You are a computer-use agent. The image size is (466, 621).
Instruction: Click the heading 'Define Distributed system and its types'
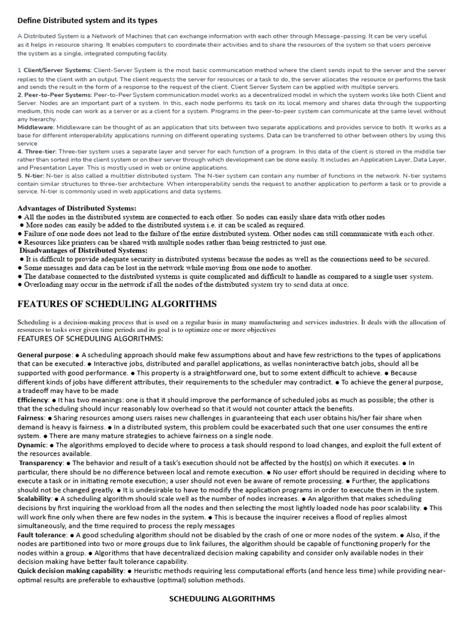tap(87, 21)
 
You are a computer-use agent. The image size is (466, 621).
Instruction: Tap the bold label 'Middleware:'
tap(36, 127)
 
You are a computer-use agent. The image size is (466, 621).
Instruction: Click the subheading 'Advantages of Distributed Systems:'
tap(77, 209)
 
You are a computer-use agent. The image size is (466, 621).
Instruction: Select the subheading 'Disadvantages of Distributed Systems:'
tap(83, 250)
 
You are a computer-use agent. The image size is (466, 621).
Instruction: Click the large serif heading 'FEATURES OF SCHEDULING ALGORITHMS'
tap(117, 304)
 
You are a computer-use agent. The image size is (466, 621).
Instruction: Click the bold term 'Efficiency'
tap(33, 401)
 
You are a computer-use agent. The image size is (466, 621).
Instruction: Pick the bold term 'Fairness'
tap(31, 418)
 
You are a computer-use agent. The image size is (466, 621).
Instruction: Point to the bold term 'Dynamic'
tap(32, 445)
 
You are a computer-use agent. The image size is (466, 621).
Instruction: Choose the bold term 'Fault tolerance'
tap(42, 535)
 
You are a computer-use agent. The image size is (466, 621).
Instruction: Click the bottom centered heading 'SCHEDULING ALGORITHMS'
tap(221, 599)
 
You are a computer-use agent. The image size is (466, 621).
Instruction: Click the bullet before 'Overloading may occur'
tap(21, 284)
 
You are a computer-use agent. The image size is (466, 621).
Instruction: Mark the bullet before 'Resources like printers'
tap(21, 243)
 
